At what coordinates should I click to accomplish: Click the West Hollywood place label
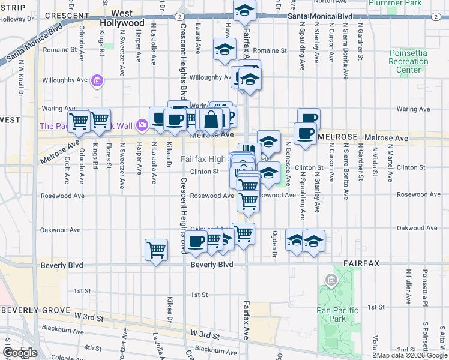128,18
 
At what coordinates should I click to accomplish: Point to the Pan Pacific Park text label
337,315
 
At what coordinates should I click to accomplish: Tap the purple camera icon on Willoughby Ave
97,80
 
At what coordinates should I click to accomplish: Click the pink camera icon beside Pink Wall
142,125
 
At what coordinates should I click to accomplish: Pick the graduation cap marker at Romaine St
224,50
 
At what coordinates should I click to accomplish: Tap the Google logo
19,353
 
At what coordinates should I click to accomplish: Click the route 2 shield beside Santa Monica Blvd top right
434,16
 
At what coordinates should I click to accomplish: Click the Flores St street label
109,155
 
